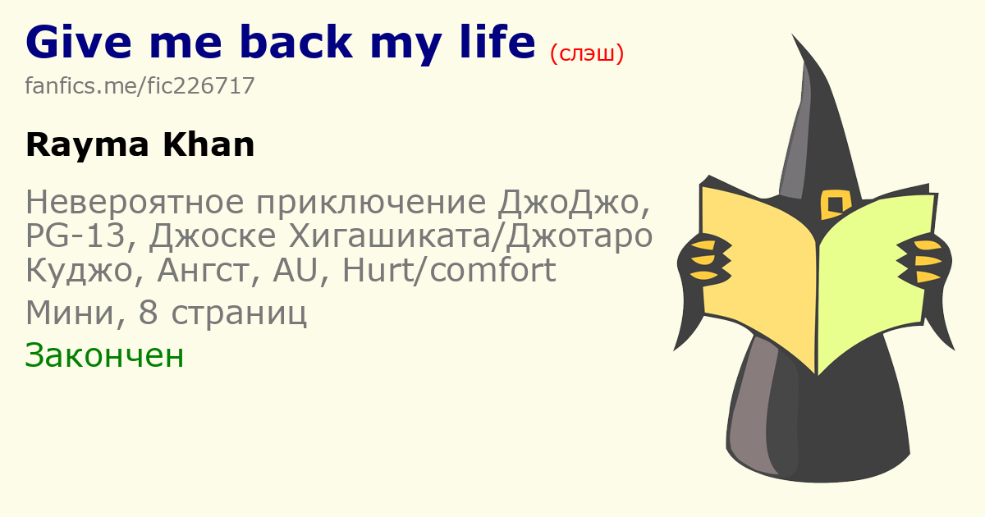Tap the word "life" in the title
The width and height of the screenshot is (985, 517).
pyautogui.click(x=497, y=41)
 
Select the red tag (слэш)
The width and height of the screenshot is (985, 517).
pyautogui.click(x=587, y=53)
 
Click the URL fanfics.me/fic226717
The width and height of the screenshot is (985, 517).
pyautogui.click(x=140, y=85)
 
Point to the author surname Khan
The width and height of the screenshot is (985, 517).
pyautogui.click(x=208, y=144)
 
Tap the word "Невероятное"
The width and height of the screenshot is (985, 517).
pyautogui.click(x=135, y=202)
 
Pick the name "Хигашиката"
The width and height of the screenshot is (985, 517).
pyautogui.click(x=389, y=236)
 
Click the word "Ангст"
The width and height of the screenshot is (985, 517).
pyautogui.click(x=208, y=270)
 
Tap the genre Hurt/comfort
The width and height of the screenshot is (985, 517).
pyautogui.click(x=449, y=269)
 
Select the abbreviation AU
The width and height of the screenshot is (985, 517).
pyautogui.click(x=295, y=270)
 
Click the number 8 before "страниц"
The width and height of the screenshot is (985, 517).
pyautogui.click(x=149, y=312)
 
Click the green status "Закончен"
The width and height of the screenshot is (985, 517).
pyautogui.click(x=104, y=355)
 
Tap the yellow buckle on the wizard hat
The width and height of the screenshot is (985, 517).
pyautogui.click(x=836, y=204)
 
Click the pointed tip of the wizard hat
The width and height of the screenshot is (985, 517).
pyautogui.click(x=793, y=34)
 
